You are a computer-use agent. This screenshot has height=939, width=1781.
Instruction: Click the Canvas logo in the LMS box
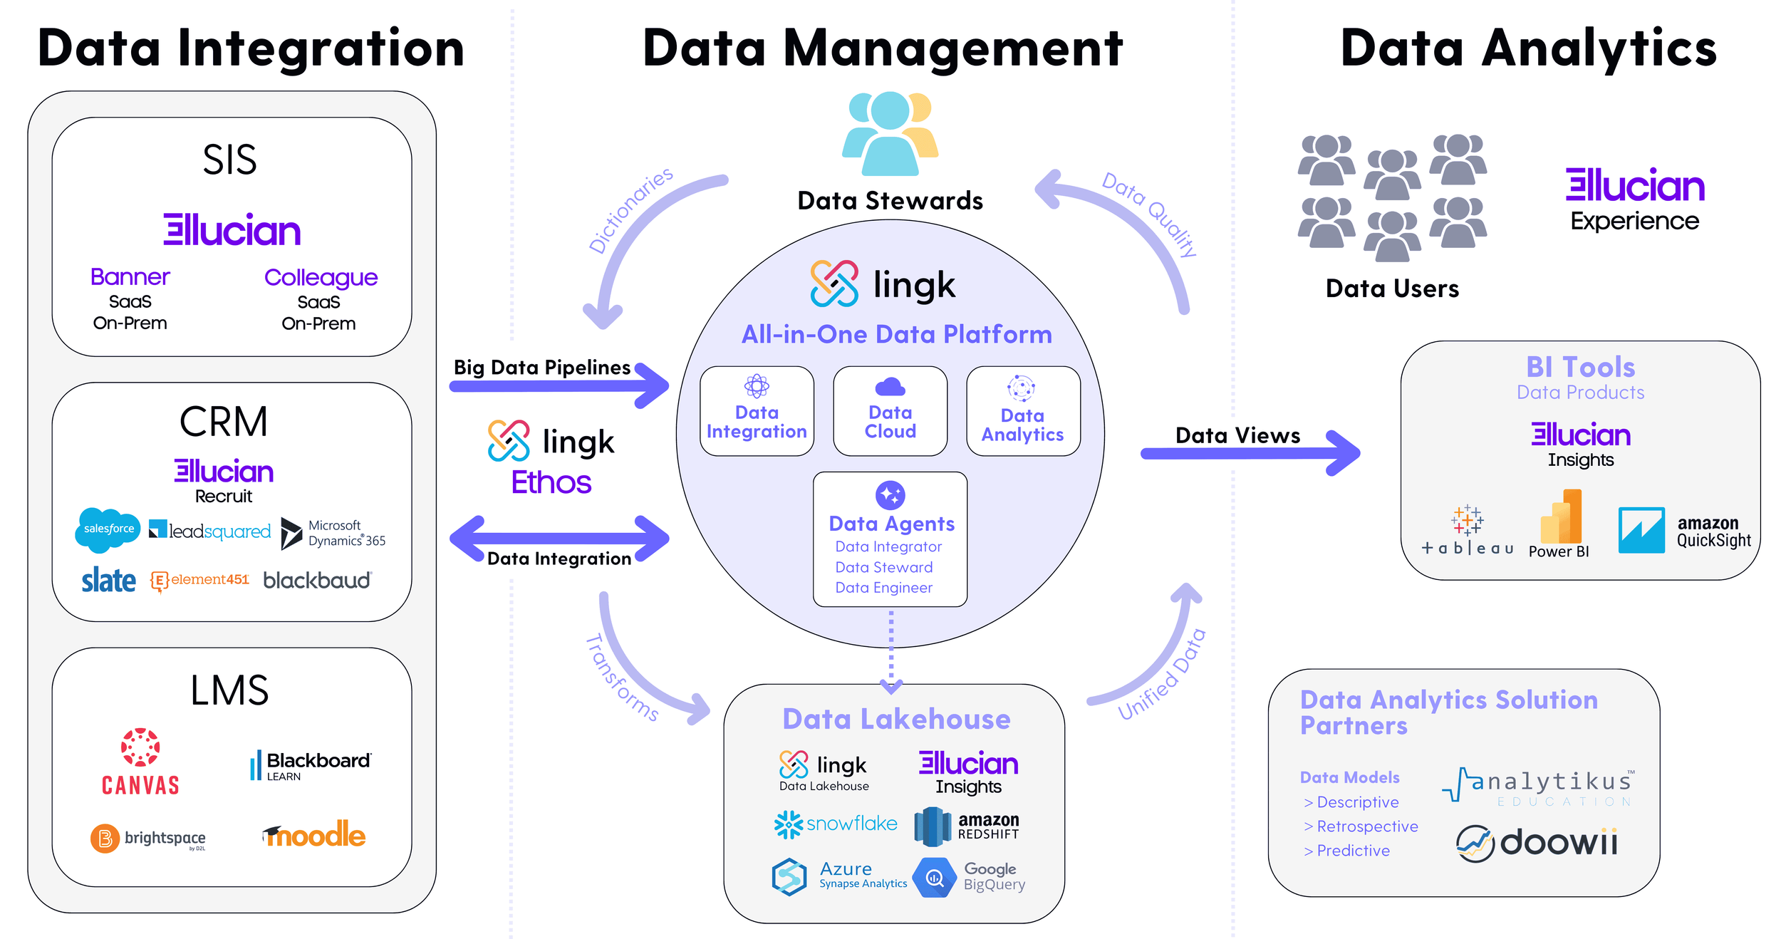140,761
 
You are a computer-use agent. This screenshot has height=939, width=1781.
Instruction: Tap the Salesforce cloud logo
108,529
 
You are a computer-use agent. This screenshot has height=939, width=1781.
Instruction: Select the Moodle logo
314,834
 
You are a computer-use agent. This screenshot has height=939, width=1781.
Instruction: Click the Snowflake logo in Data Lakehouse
836,824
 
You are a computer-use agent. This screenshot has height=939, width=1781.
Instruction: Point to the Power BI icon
1561,517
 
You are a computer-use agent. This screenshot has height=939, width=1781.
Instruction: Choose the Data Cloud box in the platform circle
890,411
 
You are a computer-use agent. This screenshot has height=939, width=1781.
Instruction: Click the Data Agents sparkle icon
890,494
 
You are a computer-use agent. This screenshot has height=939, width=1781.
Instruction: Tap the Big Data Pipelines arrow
559,386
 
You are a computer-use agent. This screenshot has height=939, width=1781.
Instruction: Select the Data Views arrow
1250,453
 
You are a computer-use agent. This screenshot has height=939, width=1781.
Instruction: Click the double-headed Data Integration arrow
559,539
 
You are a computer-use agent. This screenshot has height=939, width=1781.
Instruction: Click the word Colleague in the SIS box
321,277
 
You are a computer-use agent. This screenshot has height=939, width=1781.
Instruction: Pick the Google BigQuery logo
969,877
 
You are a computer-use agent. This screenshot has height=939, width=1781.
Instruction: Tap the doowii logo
1537,844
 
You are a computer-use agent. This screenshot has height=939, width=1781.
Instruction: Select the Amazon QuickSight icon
1641,530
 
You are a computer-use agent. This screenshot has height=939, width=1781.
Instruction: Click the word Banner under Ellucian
130,276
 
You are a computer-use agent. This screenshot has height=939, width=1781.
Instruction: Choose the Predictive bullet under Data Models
1351,851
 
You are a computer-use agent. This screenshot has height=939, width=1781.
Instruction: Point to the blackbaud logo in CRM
317,581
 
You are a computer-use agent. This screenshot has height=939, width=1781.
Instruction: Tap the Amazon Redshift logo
967,826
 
